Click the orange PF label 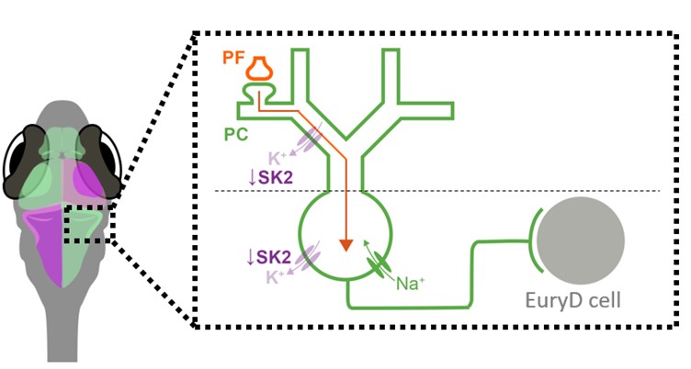233,58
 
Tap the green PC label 236,134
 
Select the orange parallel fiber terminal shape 260,70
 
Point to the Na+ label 409,284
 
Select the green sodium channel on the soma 378,267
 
